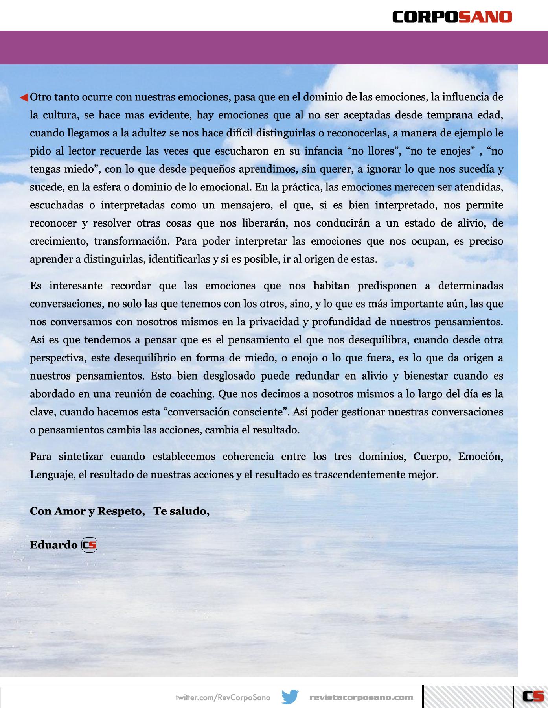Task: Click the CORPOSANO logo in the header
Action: (452, 17)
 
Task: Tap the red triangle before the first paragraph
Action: (24, 97)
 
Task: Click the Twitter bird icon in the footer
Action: (290, 697)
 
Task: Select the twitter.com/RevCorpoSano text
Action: (223, 697)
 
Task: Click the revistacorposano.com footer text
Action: (361, 697)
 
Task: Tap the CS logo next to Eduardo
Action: (89, 545)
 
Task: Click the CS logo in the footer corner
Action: (533, 696)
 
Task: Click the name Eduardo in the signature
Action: (53, 545)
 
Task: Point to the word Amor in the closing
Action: (70, 511)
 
